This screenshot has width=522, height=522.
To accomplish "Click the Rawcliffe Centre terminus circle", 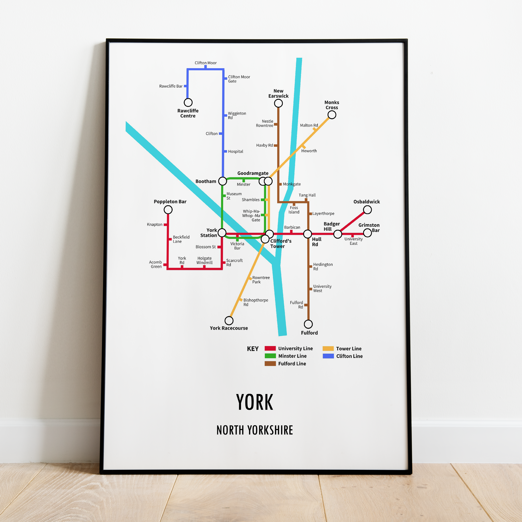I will coord(188,102).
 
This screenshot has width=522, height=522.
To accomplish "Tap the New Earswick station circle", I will coord(278,103).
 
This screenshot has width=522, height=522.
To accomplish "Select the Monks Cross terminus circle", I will coord(332,115).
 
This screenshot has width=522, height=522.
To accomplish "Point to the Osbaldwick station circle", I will coord(367,210).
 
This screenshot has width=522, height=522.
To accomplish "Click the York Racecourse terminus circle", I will coord(229,320).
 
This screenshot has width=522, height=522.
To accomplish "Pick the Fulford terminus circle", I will coord(308,324).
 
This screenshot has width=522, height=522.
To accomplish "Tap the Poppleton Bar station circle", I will coord(168,210).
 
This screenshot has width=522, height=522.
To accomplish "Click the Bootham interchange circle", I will coord(222,181).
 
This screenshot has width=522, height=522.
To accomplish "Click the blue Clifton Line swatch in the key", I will coord(328,356).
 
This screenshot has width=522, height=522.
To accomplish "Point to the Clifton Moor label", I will coord(206,63).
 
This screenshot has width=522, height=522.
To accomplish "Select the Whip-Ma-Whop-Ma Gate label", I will coord(251,216).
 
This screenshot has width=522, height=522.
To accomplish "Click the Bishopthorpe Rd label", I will coord(256,302).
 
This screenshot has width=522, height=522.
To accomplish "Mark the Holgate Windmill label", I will coord(205,260).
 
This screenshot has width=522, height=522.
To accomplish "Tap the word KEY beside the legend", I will coord(253,349).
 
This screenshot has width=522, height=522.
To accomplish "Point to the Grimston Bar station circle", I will coord(367,233).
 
